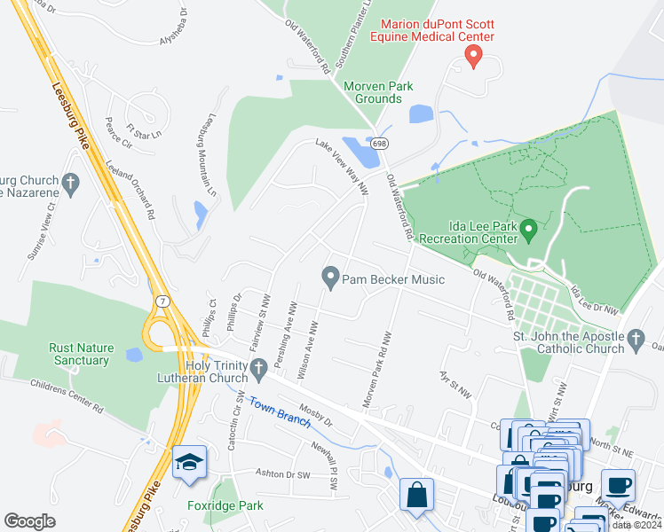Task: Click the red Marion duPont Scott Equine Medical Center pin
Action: pos(473,58)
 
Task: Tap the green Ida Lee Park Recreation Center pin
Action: pos(530,231)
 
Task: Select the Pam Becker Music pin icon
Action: pos(330,278)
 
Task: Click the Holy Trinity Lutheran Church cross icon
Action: pos(259,367)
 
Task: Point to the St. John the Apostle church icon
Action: pos(635,339)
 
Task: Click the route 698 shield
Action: pos(380,143)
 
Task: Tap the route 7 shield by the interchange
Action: pos(162,301)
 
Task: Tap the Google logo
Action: pos(29,521)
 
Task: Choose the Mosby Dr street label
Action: pos(315,416)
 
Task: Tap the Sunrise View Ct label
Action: pos(39,231)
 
